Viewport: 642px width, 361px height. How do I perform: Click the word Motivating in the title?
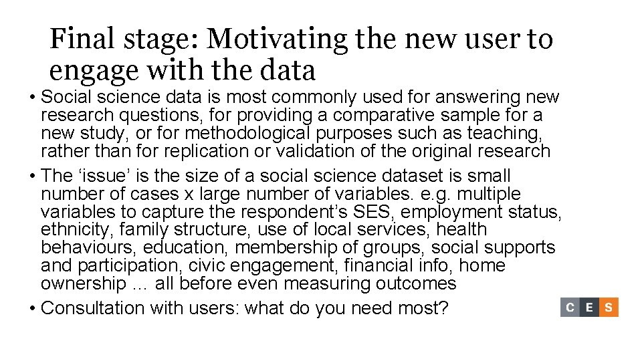click(277, 39)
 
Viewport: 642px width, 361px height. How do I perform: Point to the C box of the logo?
click(570, 308)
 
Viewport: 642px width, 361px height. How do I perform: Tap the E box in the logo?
click(589, 308)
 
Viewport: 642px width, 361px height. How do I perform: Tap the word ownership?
click(78, 283)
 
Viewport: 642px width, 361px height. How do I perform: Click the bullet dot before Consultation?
click(31, 308)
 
